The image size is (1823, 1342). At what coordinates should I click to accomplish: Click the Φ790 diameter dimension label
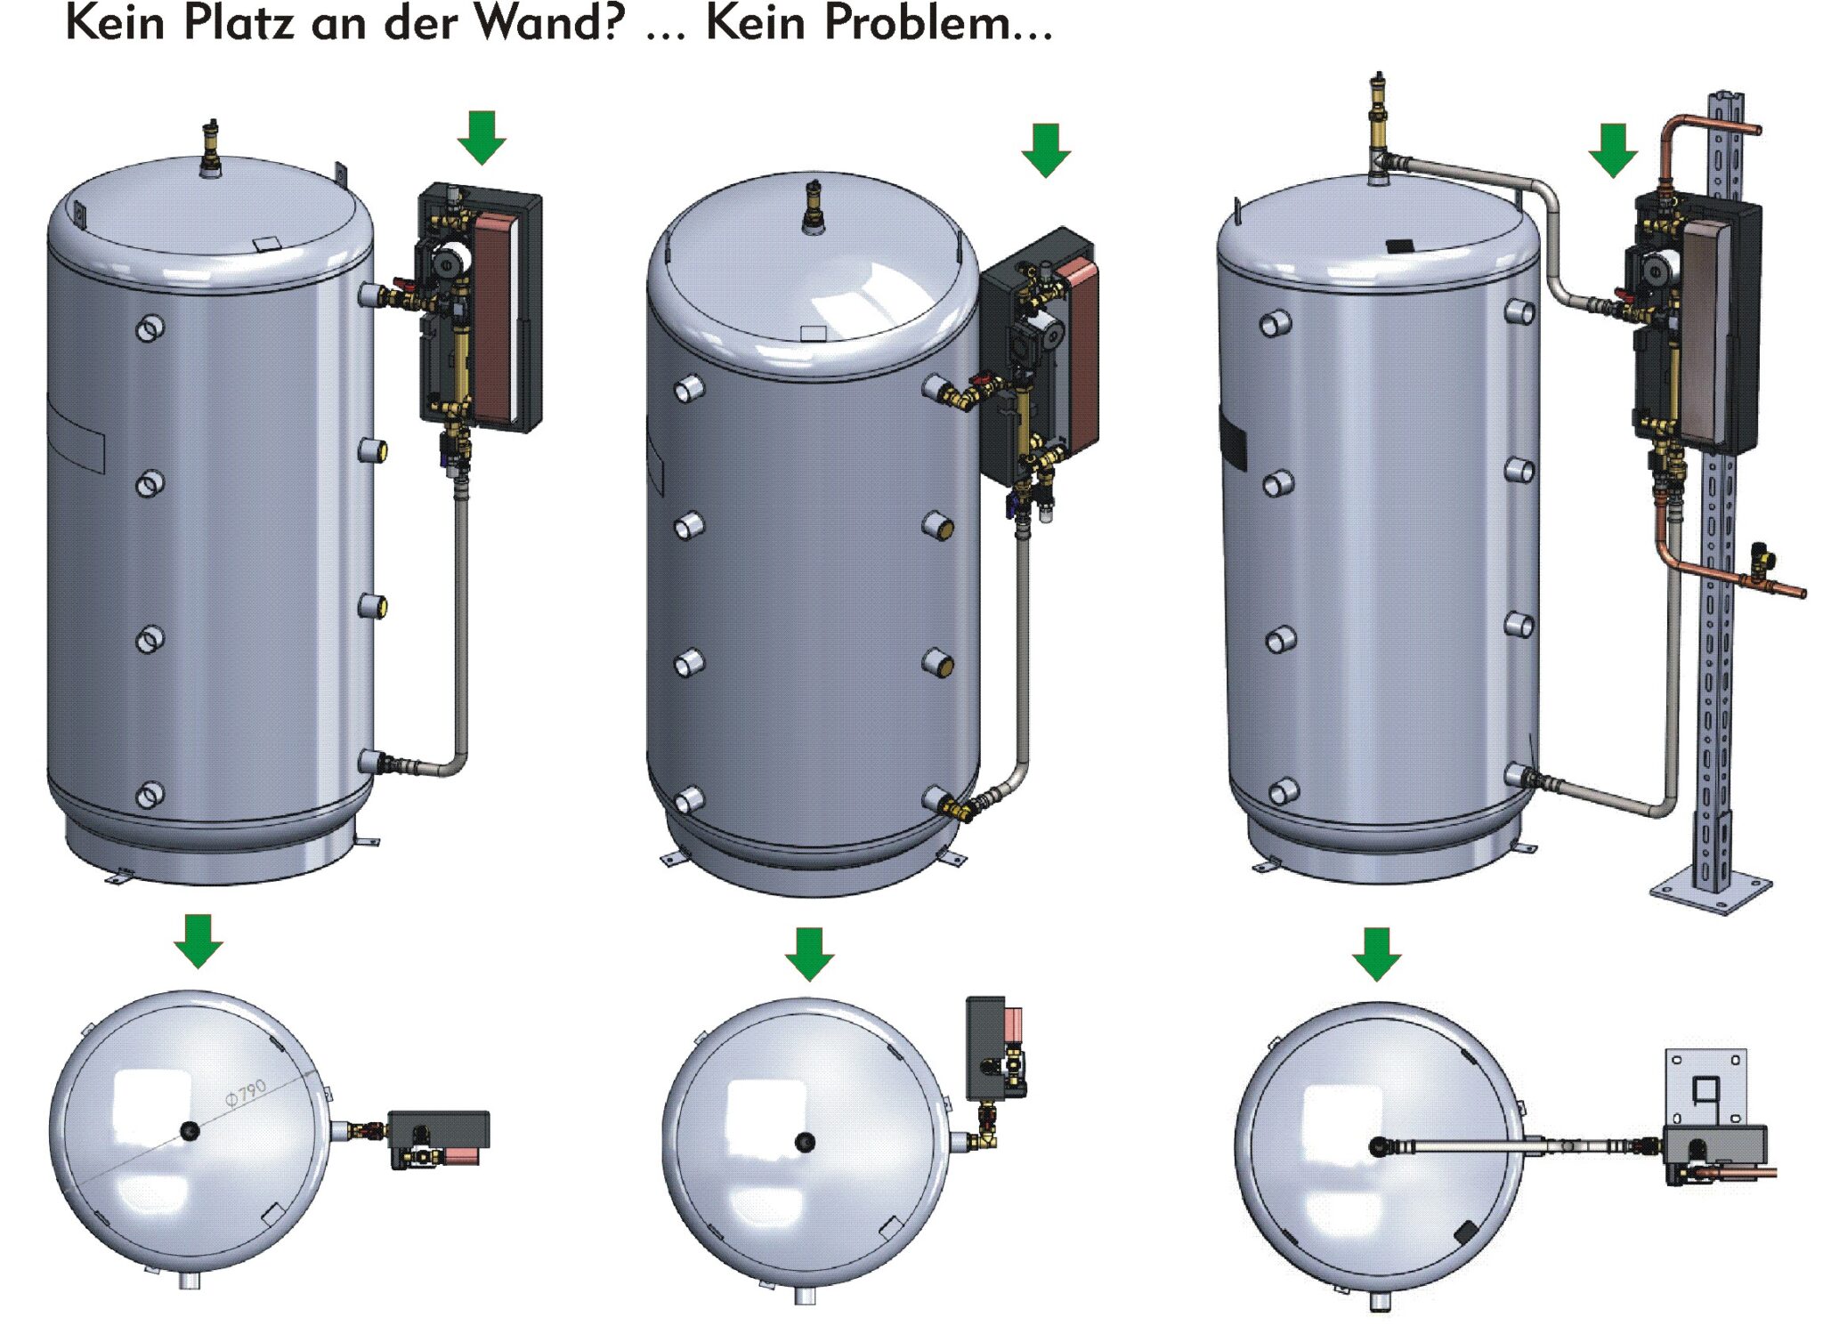[x=245, y=1093]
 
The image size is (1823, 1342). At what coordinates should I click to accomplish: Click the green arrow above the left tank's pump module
[x=482, y=137]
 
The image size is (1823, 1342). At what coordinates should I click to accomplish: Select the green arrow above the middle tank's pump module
[x=1046, y=150]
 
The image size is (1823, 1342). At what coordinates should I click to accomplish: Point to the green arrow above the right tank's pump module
[x=1612, y=150]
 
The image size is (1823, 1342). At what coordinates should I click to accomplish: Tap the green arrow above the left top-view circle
[x=198, y=940]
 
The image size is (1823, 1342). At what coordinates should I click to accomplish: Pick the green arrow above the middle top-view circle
[x=809, y=954]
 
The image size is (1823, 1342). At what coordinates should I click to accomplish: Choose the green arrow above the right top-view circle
[x=1376, y=954]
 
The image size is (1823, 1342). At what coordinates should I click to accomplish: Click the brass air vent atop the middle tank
[x=814, y=206]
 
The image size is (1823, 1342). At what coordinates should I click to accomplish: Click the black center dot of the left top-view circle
[x=190, y=1131]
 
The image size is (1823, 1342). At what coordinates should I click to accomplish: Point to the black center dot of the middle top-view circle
[x=805, y=1142]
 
